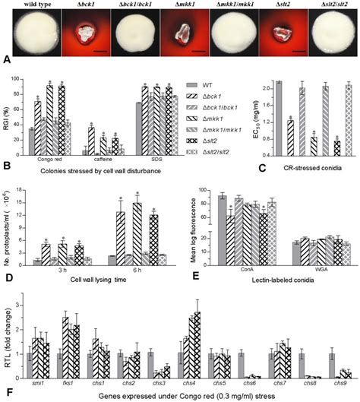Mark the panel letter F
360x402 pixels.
tap(7, 393)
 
